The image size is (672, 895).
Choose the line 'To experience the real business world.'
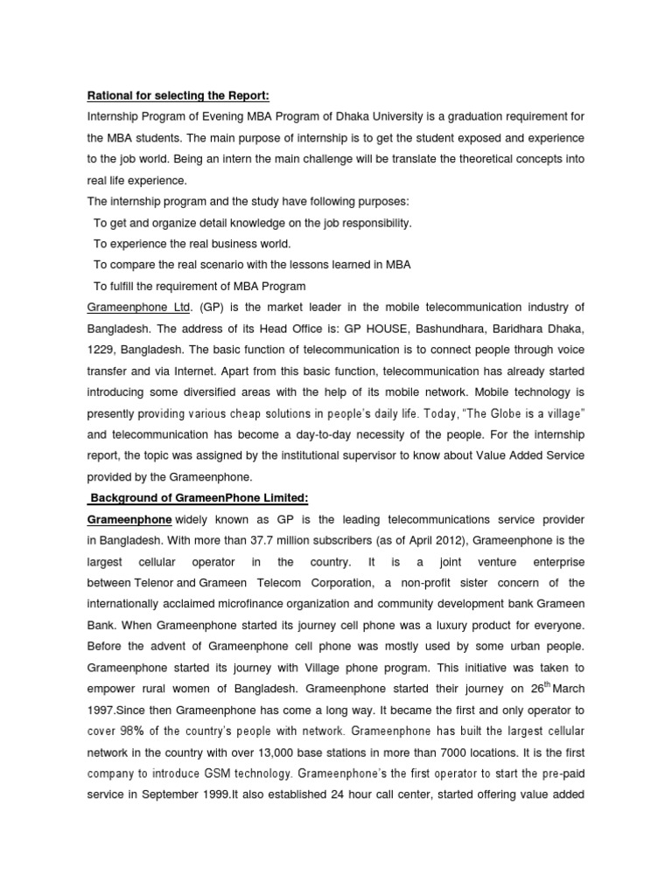click(192, 244)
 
